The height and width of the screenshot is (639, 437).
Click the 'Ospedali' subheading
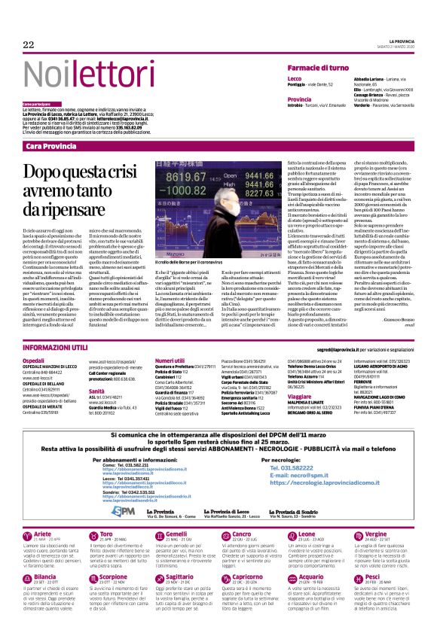33,361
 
